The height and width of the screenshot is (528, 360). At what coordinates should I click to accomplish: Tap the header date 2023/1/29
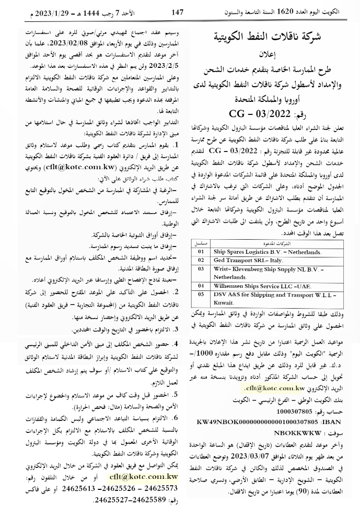coord(37,11)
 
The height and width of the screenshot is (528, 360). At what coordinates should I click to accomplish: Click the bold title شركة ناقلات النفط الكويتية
coord(275,38)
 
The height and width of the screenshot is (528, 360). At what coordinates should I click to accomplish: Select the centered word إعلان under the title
coord(275,54)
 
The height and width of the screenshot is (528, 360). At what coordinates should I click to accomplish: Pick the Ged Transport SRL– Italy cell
coord(248,260)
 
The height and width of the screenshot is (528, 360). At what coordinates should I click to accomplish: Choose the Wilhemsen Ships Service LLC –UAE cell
coord(260,286)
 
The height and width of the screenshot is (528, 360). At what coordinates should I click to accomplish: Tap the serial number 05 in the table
coord(200,294)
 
